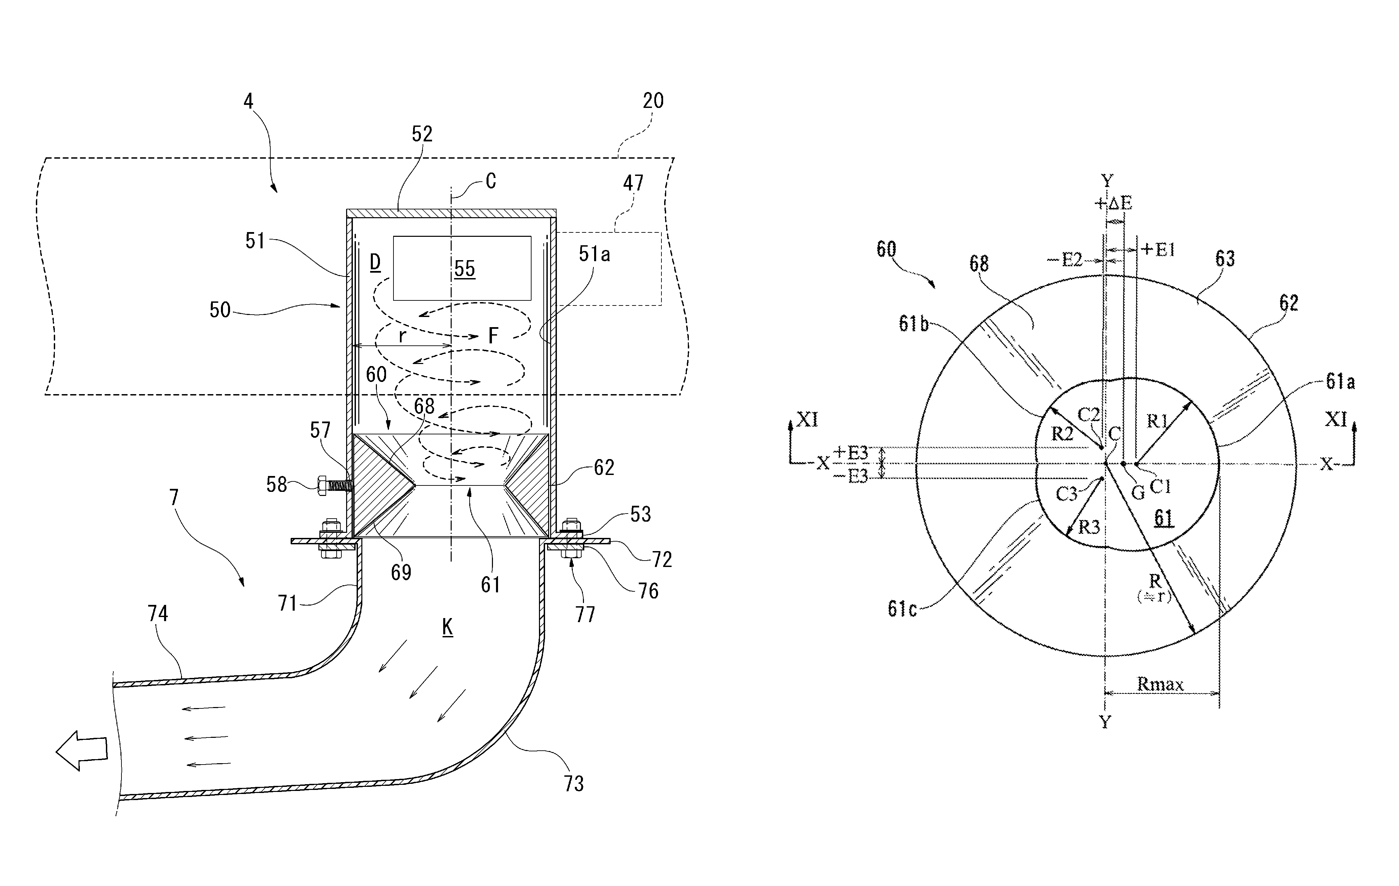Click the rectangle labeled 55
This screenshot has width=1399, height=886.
(462, 268)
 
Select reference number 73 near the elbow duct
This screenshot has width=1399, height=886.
(573, 784)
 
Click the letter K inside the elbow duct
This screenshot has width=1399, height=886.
(447, 627)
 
